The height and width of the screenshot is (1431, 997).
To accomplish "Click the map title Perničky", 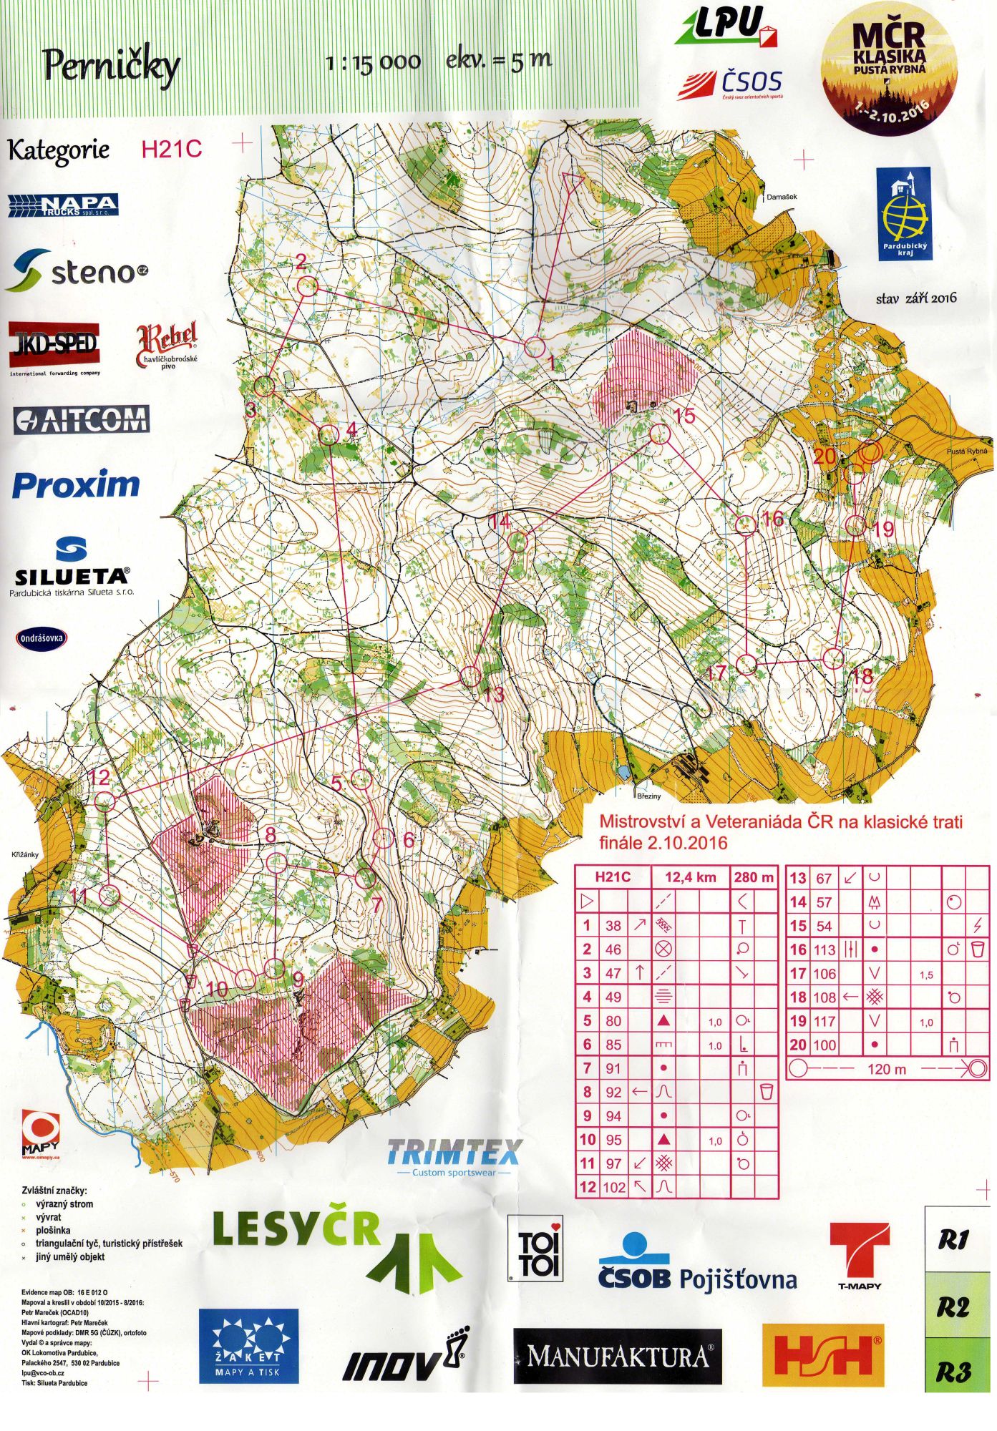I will [112, 67].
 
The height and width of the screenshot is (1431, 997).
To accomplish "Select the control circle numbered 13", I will [470, 676].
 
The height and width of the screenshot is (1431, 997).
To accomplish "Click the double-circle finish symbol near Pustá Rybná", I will [869, 452].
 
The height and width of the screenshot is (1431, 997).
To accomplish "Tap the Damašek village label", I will [781, 197].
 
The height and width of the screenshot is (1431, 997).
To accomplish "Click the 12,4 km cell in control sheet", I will [690, 877].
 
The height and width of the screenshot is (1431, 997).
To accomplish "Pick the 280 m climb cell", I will [754, 877].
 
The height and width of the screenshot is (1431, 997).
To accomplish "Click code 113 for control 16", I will [825, 950].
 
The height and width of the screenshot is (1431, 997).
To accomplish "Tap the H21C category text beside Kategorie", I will [172, 149].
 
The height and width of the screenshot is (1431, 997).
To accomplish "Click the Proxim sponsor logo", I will [76, 485].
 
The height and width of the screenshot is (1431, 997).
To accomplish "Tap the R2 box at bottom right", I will [953, 1307].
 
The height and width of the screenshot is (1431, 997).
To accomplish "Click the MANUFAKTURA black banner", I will [618, 1356].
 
